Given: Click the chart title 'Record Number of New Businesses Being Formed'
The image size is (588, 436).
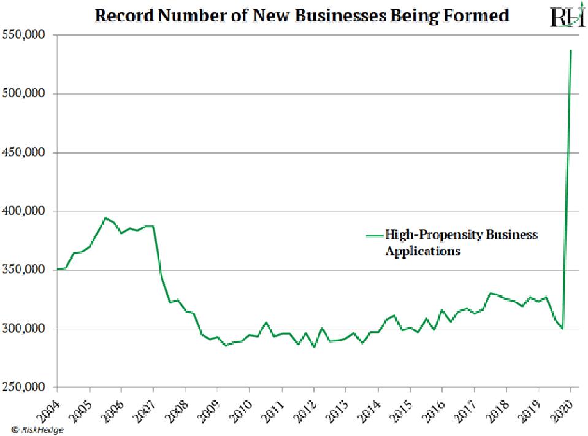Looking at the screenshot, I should [301, 15].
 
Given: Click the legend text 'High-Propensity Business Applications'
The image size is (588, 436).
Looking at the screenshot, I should [460, 243].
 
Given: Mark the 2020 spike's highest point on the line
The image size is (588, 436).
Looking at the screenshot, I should [571, 50].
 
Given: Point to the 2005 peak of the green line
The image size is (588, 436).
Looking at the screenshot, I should [105, 217].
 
